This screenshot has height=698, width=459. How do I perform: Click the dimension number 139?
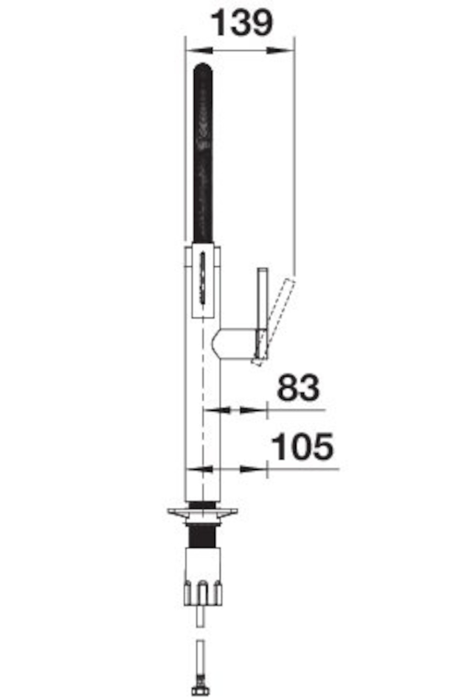[x=242, y=23]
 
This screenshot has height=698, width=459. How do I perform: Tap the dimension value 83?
[x=298, y=388]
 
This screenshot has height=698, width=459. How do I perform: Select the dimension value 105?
[x=303, y=447]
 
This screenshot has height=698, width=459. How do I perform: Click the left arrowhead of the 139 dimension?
[x=199, y=50]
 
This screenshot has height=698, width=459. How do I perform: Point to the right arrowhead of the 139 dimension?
[x=280, y=50]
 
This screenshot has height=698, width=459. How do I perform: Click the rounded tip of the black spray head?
[x=203, y=67]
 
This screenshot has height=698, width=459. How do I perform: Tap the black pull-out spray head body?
[x=203, y=152]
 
